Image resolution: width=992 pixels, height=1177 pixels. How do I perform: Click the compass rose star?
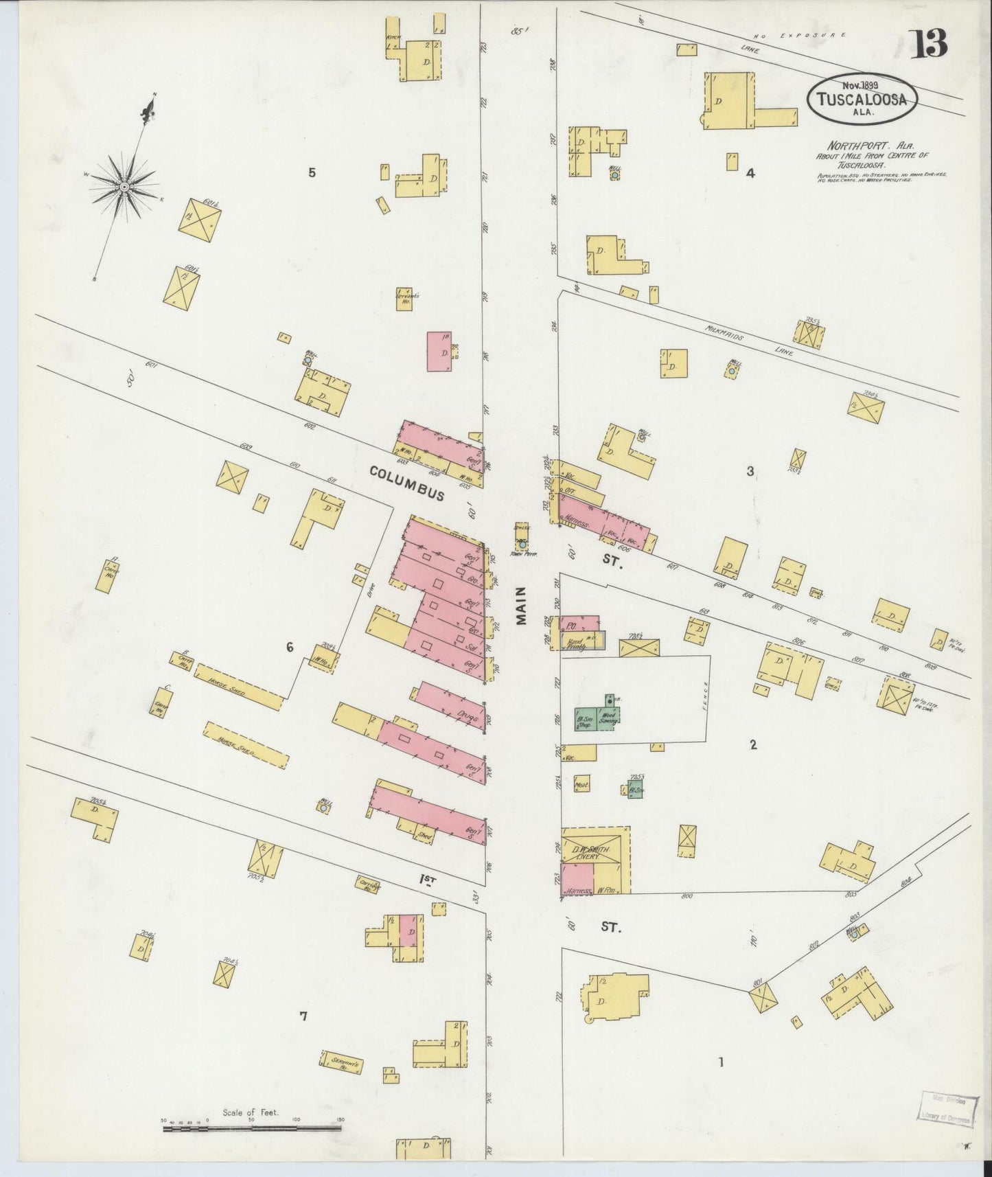[124, 186]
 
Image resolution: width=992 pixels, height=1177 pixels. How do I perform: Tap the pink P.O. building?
[579, 624]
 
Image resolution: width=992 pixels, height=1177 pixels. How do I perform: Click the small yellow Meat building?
[581, 783]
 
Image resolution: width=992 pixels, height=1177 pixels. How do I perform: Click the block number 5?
[312, 172]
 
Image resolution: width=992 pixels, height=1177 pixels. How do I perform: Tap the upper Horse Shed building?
[238, 686]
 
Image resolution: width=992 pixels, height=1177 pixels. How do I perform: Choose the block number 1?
[721, 1062]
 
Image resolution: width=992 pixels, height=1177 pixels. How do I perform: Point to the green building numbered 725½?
[635, 788]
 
